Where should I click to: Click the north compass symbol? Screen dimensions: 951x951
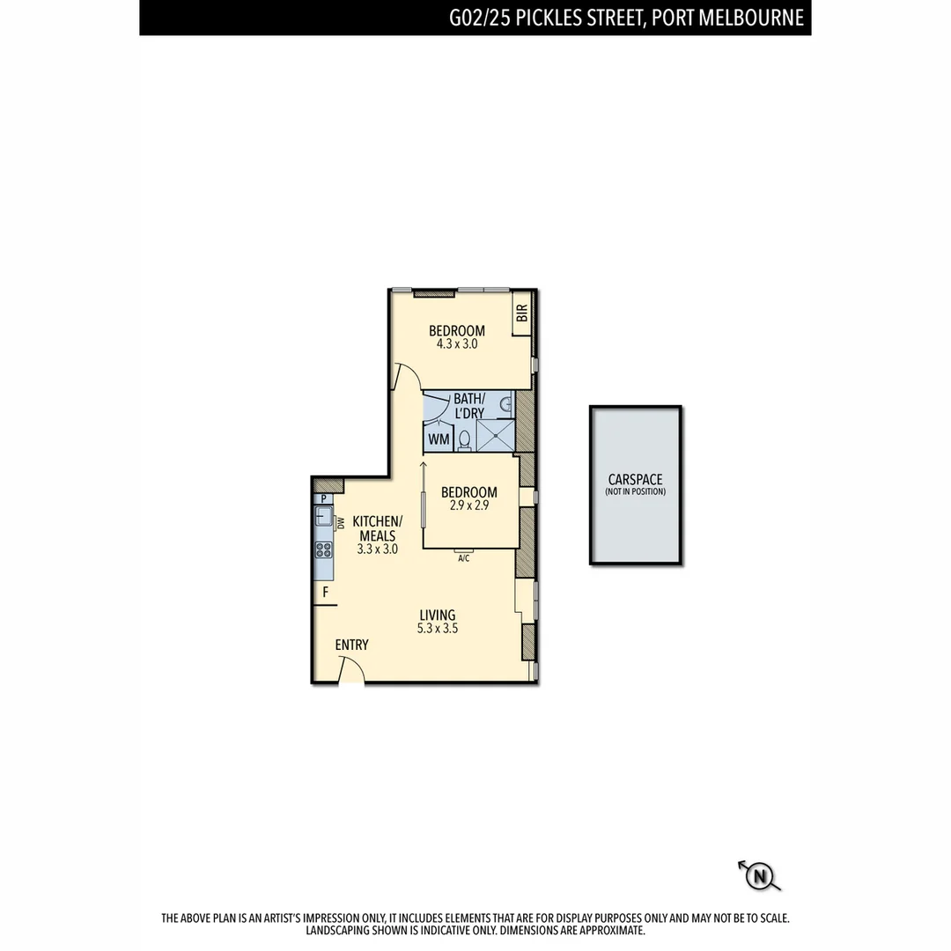point(760,875)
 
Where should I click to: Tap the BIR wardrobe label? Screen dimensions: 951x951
point(522,313)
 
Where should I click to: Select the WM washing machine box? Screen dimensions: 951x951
point(439,439)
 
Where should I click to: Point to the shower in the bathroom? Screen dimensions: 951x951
point(494,435)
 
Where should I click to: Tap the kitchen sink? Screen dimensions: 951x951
point(324,518)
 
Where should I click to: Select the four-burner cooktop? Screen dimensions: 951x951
point(324,549)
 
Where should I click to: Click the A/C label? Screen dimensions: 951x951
point(463,557)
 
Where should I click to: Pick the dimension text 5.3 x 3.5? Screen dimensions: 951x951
point(438,629)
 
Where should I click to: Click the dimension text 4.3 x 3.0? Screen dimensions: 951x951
point(456,344)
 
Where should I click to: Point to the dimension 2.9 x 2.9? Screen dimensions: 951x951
point(468,506)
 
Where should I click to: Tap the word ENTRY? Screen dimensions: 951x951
point(351,645)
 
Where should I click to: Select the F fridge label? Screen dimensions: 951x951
point(325,593)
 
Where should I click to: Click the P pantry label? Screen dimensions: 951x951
point(324,498)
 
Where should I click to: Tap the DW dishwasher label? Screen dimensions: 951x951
point(340,523)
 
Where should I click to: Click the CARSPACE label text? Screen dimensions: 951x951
point(635,480)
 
